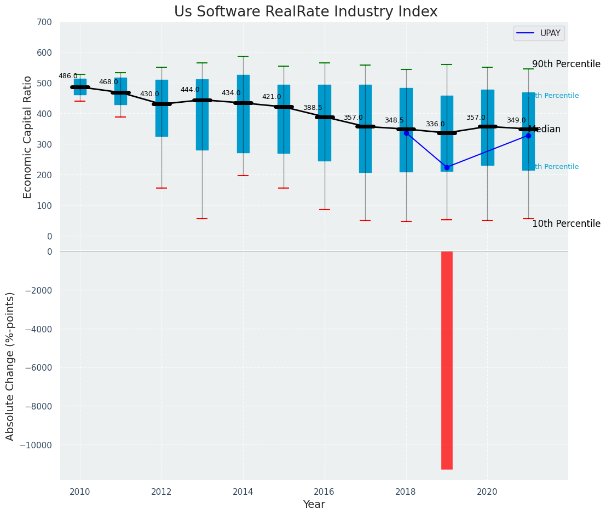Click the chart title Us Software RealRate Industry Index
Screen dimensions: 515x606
click(305, 12)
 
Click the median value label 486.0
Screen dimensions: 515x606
click(68, 76)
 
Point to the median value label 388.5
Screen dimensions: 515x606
click(313, 108)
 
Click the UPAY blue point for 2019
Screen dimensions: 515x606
click(447, 167)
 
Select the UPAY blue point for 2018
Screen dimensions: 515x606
click(406, 133)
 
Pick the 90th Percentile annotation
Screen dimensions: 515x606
click(566, 64)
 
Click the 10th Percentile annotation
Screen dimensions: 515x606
click(566, 224)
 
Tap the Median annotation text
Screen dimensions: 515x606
click(545, 130)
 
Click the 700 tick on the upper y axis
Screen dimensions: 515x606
click(44, 22)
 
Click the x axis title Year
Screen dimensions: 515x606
click(314, 505)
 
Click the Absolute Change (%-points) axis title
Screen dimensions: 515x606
click(10, 366)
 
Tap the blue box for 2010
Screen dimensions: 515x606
click(80, 87)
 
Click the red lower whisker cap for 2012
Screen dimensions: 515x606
click(161, 188)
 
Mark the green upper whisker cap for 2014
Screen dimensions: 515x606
click(243, 56)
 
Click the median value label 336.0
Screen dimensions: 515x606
click(435, 124)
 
